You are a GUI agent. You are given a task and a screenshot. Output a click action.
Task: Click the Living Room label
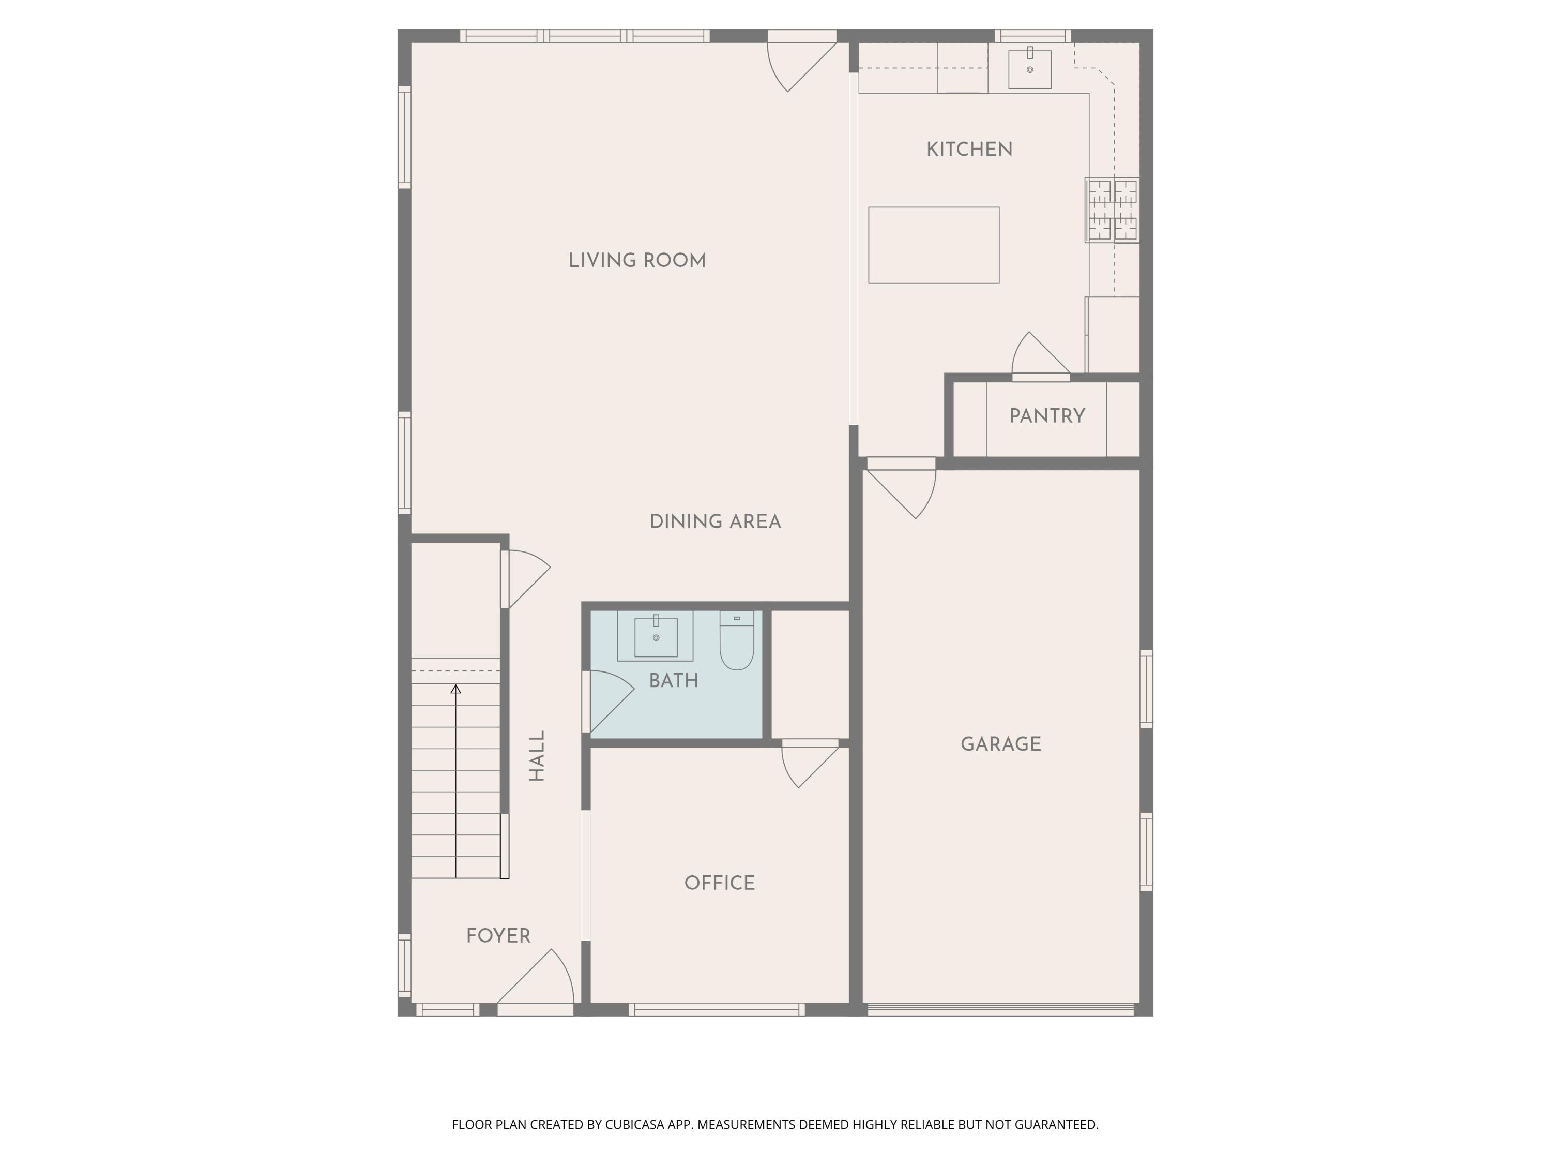[x=636, y=261]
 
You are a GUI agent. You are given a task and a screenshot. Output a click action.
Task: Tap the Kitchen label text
[x=969, y=150]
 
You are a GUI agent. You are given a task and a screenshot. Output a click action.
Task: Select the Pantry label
[x=1047, y=416]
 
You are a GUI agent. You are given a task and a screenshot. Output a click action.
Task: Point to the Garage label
[x=1000, y=744]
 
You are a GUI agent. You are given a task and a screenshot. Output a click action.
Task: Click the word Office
[x=720, y=884]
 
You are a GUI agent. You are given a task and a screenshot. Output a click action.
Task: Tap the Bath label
[x=673, y=681]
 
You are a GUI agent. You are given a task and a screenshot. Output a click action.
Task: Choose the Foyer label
[x=498, y=936]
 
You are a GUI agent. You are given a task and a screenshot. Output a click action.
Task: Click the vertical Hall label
[x=537, y=756]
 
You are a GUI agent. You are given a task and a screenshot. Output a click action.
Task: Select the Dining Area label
[x=714, y=522]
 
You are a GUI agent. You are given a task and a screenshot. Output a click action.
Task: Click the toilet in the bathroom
[x=736, y=642]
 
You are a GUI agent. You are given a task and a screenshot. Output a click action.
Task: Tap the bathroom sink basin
[x=656, y=637]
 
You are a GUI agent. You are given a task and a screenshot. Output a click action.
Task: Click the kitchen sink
[x=1029, y=69]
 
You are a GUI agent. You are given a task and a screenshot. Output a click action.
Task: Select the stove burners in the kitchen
[x=1112, y=210]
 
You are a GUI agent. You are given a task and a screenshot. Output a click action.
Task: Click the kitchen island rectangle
[x=933, y=245]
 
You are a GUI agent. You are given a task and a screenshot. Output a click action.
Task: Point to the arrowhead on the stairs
[x=456, y=690]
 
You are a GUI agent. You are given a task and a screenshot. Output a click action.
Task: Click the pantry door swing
[x=1037, y=356]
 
